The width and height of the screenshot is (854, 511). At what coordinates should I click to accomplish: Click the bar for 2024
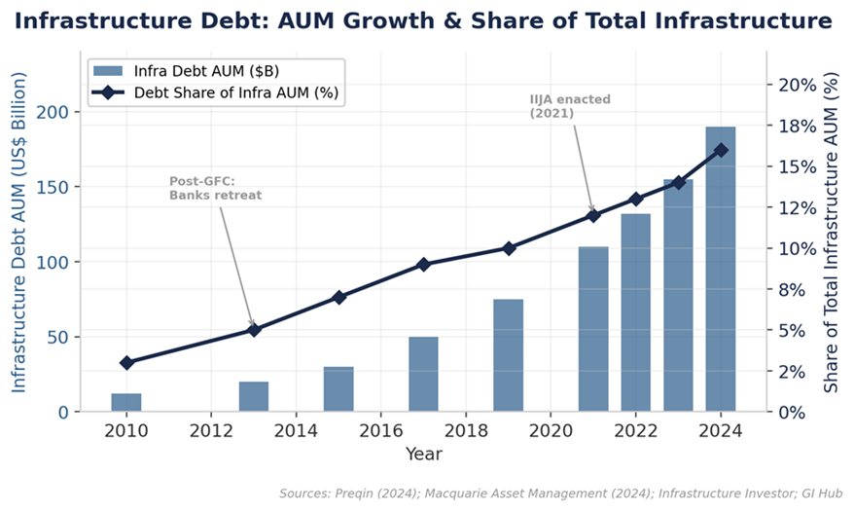point(721,270)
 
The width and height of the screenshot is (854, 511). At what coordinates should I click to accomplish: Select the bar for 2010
point(125,402)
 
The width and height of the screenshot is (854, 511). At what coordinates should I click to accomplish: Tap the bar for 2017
point(423,374)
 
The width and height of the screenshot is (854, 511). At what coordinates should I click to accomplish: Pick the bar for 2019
point(508,355)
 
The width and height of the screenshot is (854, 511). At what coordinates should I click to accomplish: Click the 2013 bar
point(254,396)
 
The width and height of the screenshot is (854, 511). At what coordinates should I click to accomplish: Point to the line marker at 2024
point(721,150)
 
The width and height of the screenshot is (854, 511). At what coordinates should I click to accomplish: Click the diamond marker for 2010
point(125,363)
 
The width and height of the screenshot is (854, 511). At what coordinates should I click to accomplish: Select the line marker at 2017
point(423,265)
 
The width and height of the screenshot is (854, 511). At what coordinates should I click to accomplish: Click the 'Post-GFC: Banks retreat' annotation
point(215,188)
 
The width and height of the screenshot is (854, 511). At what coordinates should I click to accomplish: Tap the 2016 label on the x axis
point(380,431)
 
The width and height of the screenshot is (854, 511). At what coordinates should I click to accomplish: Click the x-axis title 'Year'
point(423,454)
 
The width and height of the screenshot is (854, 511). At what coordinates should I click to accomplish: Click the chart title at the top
point(423,20)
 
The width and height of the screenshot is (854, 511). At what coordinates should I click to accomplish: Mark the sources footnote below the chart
point(560,493)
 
